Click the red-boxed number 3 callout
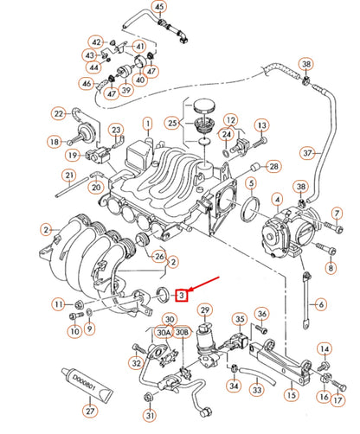pos(181,295)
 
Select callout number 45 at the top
pos(158,10)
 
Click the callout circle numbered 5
pos(250,183)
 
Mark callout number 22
pos(58,112)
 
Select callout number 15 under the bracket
pos(291,395)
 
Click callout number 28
pos(274,165)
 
